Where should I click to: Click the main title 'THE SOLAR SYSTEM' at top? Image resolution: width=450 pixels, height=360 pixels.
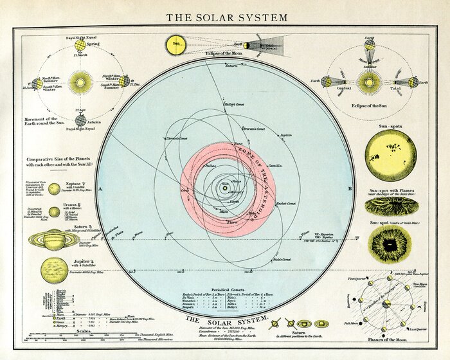coord(226,17)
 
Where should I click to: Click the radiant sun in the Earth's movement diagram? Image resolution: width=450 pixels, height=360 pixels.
coord(80,83)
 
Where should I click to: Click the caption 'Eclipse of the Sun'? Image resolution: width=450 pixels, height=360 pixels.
coord(370,104)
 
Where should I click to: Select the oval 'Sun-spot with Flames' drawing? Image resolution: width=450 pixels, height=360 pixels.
coord(390,205)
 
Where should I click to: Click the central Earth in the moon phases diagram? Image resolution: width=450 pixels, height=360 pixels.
coord(388,304)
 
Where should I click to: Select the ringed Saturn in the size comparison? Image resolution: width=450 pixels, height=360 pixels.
coord(54,240)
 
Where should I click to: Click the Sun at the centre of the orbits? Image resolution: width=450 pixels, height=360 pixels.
coord(225,188)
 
